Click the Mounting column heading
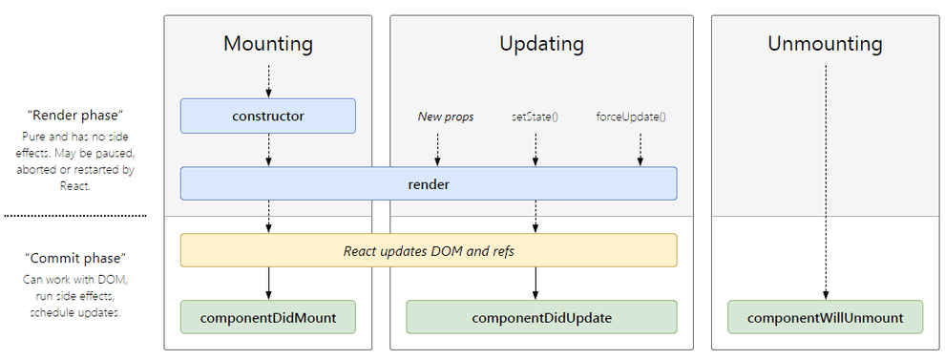[x=268, y=44]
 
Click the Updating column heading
[x=541, y=44]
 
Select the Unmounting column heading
[x=825, y=44]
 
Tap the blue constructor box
[x=268, y=116]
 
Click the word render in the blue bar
[x=429, y=184]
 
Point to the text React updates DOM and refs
[x=429, y=250]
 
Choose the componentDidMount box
[x=268, y=317]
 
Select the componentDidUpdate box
[x=541, y=317]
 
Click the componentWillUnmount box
[x=825, y=317]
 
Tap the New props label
[x=445, y=116]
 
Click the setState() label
[x=535, y=116]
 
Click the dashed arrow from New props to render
[x=437, y=148]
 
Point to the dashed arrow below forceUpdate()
[x=640, y=148]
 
